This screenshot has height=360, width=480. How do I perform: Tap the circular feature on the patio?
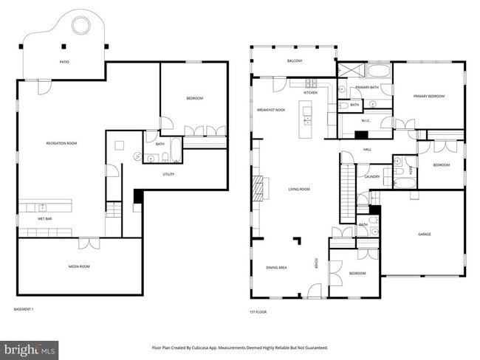point(79,27)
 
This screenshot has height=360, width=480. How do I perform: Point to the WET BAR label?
point(44,219)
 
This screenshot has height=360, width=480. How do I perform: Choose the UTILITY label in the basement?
point(168,174)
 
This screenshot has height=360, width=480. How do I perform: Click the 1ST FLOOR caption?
point(258,312)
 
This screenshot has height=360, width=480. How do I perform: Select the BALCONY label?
point(295,61)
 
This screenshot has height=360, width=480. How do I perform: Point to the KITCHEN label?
point(310,92)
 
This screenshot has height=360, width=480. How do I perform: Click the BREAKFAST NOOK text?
point(271,110)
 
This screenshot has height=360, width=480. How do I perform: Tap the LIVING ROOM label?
point(299,190)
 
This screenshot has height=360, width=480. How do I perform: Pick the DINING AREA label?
point(276,267)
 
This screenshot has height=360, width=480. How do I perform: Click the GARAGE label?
point(425,235)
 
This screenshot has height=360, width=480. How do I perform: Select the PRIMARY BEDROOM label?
point(428,96)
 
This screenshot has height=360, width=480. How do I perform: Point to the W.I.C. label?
point(366,120)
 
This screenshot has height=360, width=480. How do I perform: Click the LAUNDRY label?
point(372,176)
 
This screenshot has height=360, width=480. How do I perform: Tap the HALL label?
point(367,150)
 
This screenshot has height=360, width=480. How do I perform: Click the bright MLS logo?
point(30,347)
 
